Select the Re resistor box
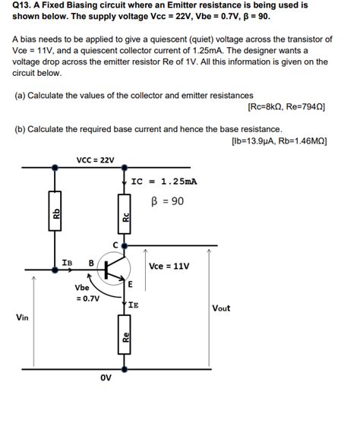[x=126, y=339]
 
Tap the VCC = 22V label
[x=96, y=159]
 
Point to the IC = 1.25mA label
[x=164, y=181]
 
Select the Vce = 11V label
[x=169, y=267]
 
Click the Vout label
[x=221, y=308]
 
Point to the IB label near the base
[x=67, y=263]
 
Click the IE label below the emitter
[x=134, y=305]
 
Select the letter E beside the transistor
[x=131, y=285]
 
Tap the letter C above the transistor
[x=116, y=243]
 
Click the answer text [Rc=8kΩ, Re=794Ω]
[x=286, y=107]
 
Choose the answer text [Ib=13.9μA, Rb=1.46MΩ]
[x=278, y=141]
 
